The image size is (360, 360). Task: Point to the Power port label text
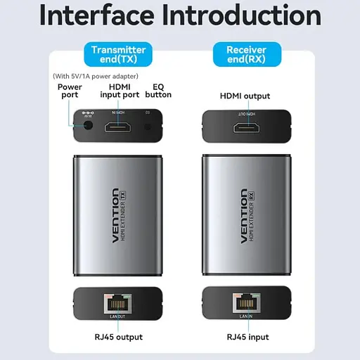(x=70, y=92)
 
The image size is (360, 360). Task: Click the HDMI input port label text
(x=119, y=92)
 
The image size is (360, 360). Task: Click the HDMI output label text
(x=245, y=96)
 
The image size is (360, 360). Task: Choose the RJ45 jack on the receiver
(x=245, y=303)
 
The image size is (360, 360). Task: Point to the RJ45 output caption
(x=117, y=337)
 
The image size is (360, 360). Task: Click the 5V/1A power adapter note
(x=96, y=76)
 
